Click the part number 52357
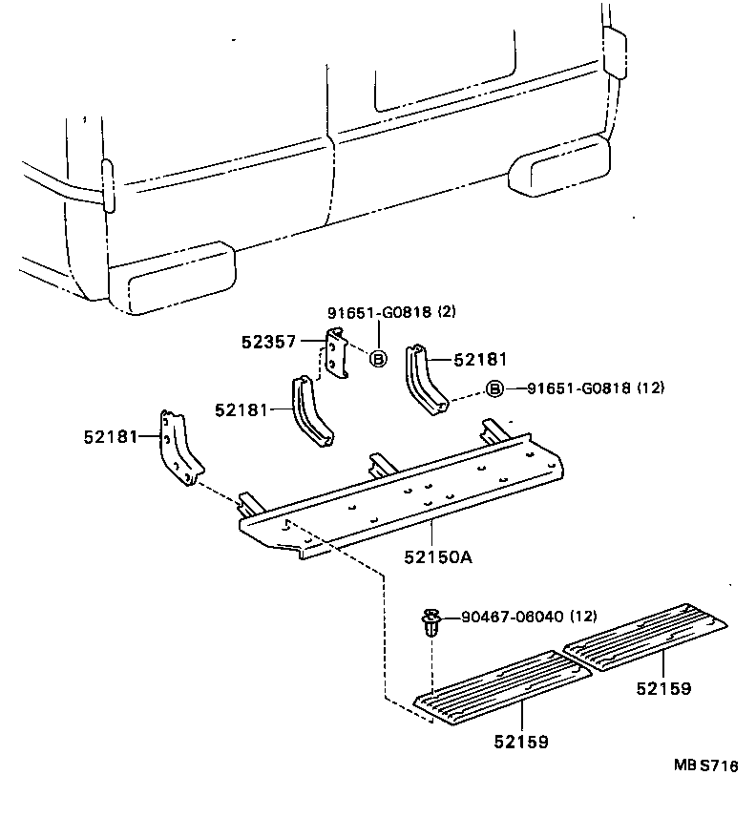point(270,341)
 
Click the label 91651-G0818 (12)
point(596,388)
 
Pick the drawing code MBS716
point(704,764)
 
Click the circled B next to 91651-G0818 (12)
point(493,388)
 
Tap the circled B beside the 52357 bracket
point(377,359)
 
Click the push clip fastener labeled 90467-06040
point(431,626)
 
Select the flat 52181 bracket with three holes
point(178,448)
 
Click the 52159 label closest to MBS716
point(664,687)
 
